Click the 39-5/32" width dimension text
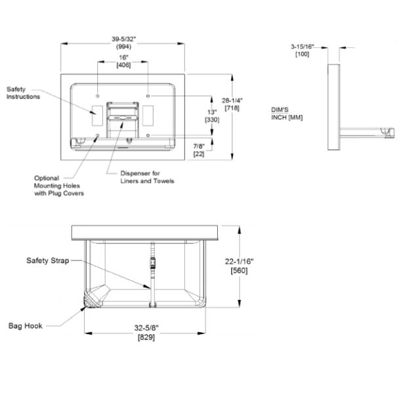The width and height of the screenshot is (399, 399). click(x=124, y=39)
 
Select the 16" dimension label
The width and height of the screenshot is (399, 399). click(x=123, y=58)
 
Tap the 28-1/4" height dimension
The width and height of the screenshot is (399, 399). click(x=232, y=100)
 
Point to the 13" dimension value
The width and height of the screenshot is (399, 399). click(x=212, y=112)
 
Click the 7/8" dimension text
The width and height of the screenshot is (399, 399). click(x=199, y=146)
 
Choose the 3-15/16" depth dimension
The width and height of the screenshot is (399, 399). click(x=303, y=47)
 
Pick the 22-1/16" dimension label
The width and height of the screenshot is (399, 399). click(x=239, y=261)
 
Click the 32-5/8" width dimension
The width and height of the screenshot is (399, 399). click(x=146, y=328)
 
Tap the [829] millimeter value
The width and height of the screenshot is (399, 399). click(x=146, y=337)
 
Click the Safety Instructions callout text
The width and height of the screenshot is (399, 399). click(x=23, y=93)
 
